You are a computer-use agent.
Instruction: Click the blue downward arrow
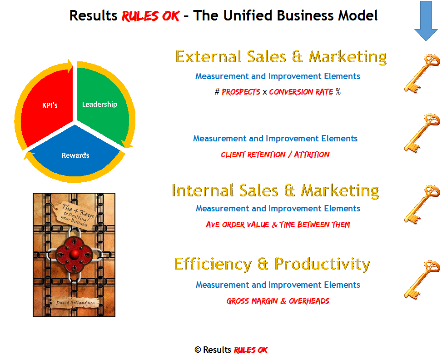point(426,21)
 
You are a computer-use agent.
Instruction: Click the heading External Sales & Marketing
point(281,57)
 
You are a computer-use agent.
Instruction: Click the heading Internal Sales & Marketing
point(275,190)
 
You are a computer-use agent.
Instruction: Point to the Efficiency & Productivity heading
point(272,264)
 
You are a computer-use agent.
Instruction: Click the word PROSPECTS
point(241,92)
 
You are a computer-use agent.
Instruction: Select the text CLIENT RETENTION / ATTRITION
point(275,155)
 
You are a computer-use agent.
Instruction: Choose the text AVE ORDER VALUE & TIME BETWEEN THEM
point(278,225)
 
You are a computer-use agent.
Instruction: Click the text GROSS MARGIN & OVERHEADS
point(278,301)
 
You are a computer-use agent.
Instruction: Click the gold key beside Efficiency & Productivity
point(422,280)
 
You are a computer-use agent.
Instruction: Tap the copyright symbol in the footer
point(198,350)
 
